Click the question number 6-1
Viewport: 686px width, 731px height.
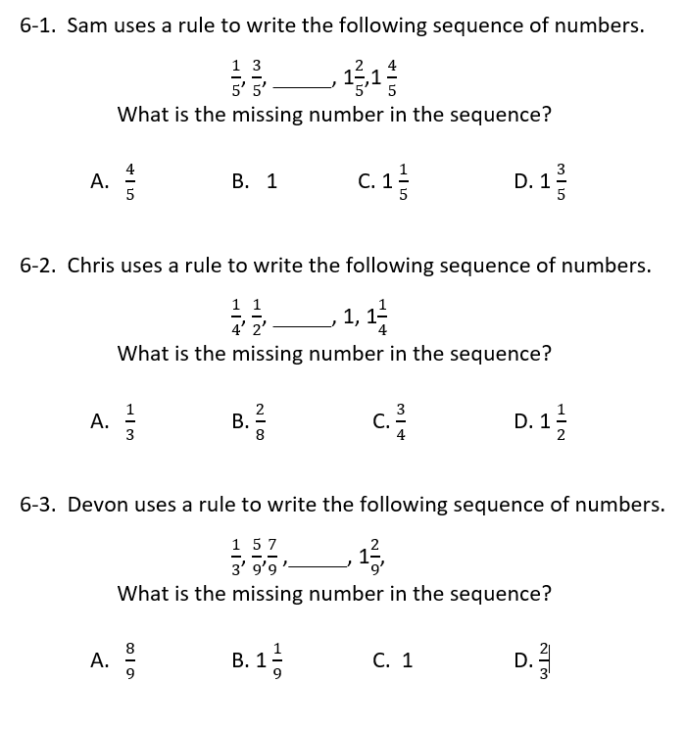pos(38,26)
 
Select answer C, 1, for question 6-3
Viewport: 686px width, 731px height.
pos(393,660)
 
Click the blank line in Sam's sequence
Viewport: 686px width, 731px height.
pos(304,81)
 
